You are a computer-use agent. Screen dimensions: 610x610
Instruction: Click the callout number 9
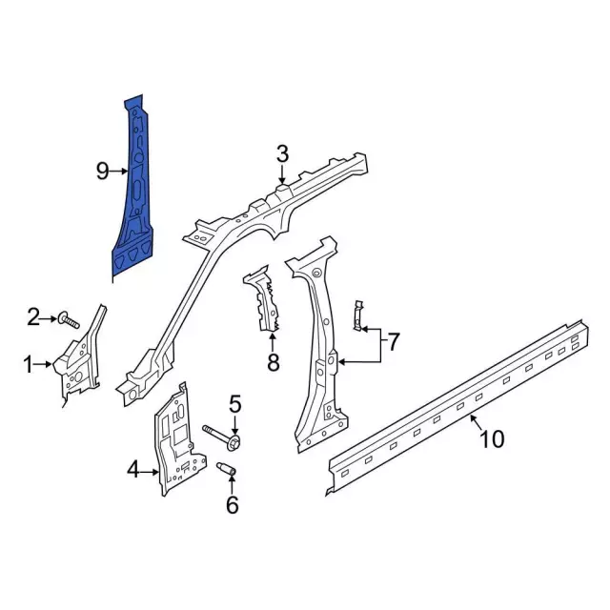tap(103, 171)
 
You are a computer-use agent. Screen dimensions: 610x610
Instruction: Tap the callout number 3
tap(282, 153)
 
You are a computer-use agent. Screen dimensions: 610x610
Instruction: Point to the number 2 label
tap(33, 316)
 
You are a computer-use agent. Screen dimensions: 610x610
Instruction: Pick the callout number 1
tap(29, 363)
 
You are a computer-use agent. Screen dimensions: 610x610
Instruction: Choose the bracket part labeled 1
tap(81, 357)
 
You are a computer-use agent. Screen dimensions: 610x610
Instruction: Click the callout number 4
tap(133, 467)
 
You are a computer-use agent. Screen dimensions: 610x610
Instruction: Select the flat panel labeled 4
tap(176, 438)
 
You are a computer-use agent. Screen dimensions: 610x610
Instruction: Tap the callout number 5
tap(235, 403)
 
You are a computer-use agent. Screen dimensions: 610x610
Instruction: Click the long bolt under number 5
tap(224, 439)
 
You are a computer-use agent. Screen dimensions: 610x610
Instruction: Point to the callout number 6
tap(232, 505)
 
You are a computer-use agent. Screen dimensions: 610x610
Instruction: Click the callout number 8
tap(274, 361)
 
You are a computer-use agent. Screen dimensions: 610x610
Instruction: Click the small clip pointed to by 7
tap(358, 316)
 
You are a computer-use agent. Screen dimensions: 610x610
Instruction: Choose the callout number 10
tap(491, 439)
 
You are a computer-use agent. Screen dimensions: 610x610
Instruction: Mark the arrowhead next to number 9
tap(125, 171)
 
